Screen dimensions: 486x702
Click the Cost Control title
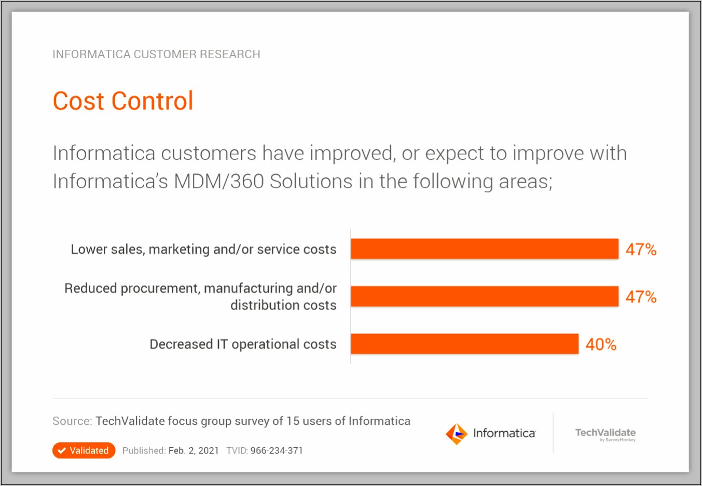[123, 101]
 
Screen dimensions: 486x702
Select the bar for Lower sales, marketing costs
[485, 249]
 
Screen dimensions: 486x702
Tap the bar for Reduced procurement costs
[485, 296]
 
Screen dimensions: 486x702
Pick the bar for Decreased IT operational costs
[464, 344]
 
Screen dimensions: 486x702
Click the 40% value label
[601, 344]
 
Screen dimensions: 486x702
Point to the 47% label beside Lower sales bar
[641, 249]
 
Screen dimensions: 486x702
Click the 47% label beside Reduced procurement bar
[641, 297]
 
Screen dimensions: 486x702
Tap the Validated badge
[84, 450]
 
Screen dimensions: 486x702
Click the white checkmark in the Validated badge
[62, 450]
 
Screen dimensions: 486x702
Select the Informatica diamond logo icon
[457, 434]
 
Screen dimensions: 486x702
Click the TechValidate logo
[605, 434]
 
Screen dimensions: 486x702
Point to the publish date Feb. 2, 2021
[194, 450]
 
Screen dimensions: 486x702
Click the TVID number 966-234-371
[276, 450]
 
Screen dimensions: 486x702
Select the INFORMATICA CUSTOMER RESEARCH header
[156, 54]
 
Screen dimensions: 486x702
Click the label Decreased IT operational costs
[243, 344]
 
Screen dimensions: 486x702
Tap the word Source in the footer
[72, 421]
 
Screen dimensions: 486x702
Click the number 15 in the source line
[293, 421]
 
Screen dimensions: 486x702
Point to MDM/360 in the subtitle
[218, 182]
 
